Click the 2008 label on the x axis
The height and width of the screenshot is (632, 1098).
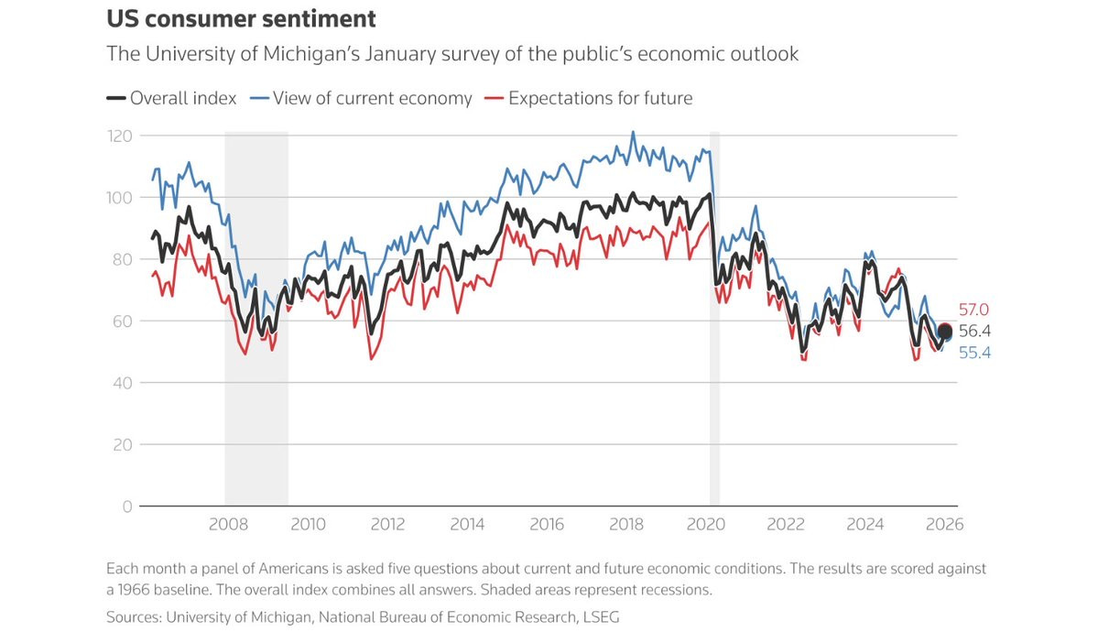click(228, 525)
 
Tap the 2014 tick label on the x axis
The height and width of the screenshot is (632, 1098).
click(467, 525)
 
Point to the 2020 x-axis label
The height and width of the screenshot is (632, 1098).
click(706, 525)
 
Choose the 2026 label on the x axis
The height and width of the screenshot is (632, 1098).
click(944, 525)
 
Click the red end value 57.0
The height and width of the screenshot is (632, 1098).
click(973, 310)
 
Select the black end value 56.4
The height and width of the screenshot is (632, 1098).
click(974, 332)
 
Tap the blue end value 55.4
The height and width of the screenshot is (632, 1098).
click(974, 353)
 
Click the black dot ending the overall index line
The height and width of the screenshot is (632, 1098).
click(945, 332)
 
